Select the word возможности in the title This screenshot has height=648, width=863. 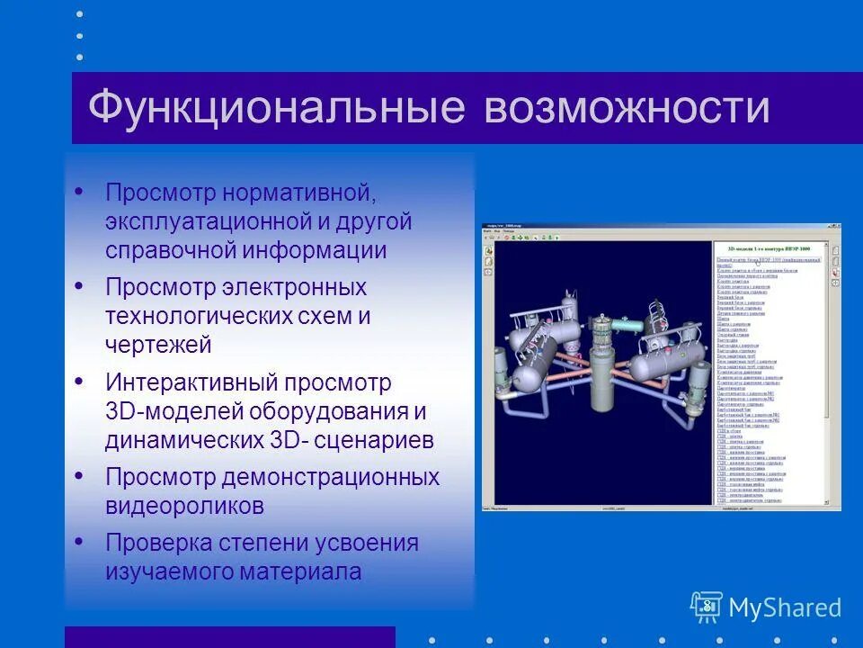tap(627, 108)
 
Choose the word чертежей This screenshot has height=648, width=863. tap(158, 344)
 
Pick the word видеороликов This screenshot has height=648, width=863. tap(185, 506)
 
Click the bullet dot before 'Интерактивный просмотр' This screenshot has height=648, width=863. tap(79, 381)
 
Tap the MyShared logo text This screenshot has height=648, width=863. tap(784, 607)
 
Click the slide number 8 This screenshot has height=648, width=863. tap(707, 605)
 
